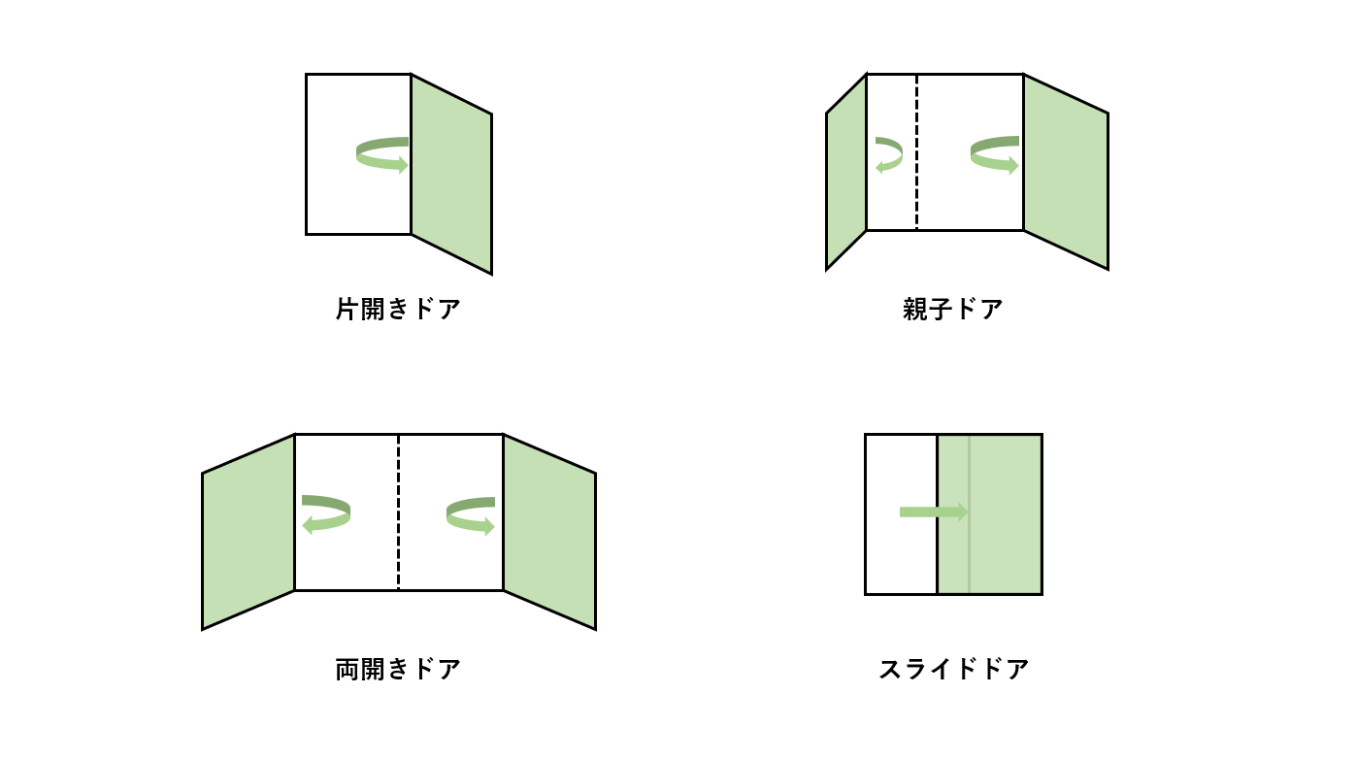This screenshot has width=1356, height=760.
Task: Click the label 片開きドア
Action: click(398, 310)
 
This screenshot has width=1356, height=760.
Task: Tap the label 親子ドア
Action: click(952, 310)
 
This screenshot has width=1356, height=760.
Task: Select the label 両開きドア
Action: click(398, 670)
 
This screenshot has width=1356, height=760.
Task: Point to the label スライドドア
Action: click(953, 670)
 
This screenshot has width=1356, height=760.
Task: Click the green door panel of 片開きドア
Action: click(451, 175)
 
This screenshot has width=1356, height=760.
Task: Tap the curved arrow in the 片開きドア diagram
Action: click(382, 155)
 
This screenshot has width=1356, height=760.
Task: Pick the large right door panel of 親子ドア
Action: click(1065, 173)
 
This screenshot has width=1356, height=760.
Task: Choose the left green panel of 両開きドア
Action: click(248, 532)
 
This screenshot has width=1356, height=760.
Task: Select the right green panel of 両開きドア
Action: click(548, 532)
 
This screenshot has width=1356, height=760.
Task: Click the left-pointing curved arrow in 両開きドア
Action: click(326, 514)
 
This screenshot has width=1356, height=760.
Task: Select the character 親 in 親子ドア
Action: click(914, 310)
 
